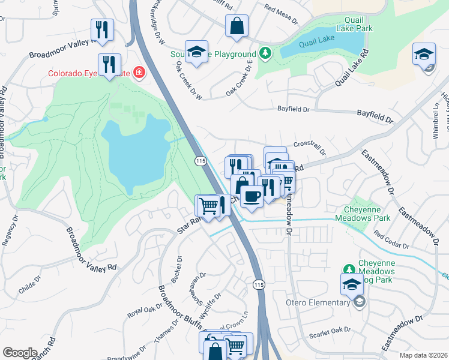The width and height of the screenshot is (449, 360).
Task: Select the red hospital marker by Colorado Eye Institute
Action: (139, 73)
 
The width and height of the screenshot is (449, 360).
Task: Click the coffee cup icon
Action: (252, 196)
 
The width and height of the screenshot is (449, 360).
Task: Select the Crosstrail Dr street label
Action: (310, 148)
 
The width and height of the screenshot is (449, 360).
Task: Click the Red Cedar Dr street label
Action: (390, 240)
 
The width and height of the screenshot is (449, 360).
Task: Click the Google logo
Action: (20, 353)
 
